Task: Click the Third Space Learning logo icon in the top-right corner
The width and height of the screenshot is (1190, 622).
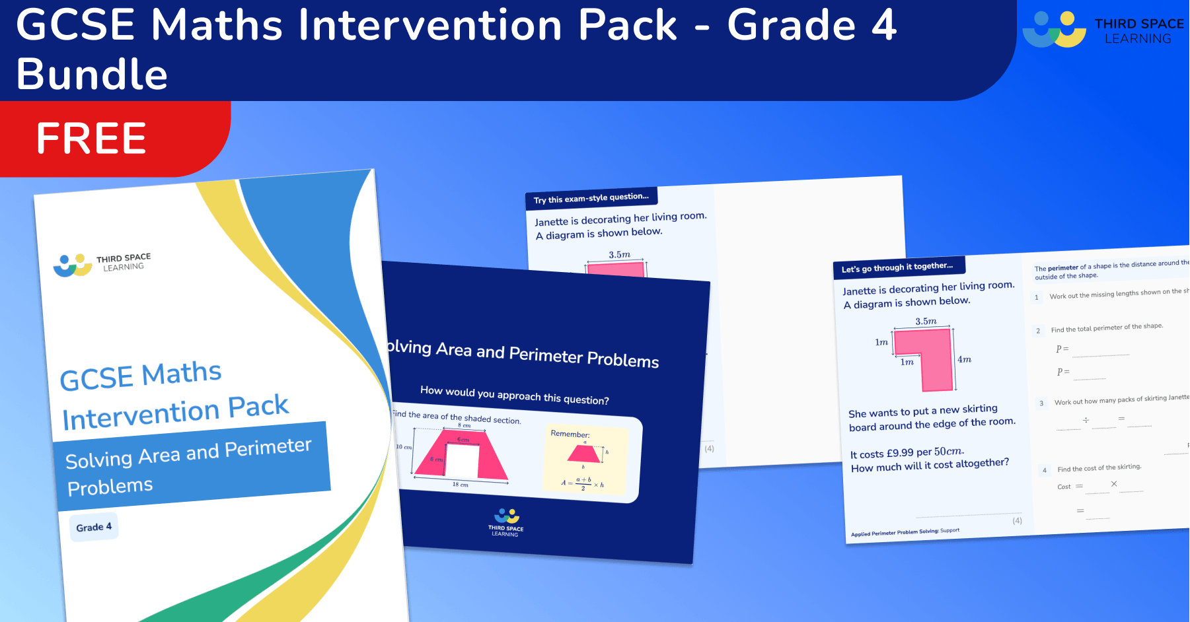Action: pyautogui.click(x=1054, y=30)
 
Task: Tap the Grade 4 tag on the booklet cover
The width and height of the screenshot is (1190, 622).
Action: pyautogui.click(x=94, y=527)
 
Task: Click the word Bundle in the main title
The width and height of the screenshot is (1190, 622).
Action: pyautogui.click(x=92, y=74)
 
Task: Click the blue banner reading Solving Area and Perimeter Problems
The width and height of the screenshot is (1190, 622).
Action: pyautogui.click(x=192, y=466)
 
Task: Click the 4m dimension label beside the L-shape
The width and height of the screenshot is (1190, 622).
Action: pyautogui.click(x=964, y=359)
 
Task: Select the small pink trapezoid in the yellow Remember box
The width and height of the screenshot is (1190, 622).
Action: pyautogui.click(x=584, y=454)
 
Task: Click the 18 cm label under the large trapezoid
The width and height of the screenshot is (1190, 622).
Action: pyautogui.click(x=461, y=484)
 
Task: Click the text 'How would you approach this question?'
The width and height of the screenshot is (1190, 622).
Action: pyautogui.click(x=514, y=395)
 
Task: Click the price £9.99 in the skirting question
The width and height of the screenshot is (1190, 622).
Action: pyautogui.click(x=900, y=453)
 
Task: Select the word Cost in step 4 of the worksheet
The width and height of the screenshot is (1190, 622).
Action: pyautogui.click(x=1064, y=487)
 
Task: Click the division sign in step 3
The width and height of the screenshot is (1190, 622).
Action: pyautogui.click(x=1086, y=420)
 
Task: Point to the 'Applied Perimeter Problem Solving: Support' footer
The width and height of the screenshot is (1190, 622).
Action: pyautogui.click(x=905, y=532)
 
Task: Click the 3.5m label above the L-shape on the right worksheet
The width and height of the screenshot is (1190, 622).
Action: pyautogui.click(x=926, y=321)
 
